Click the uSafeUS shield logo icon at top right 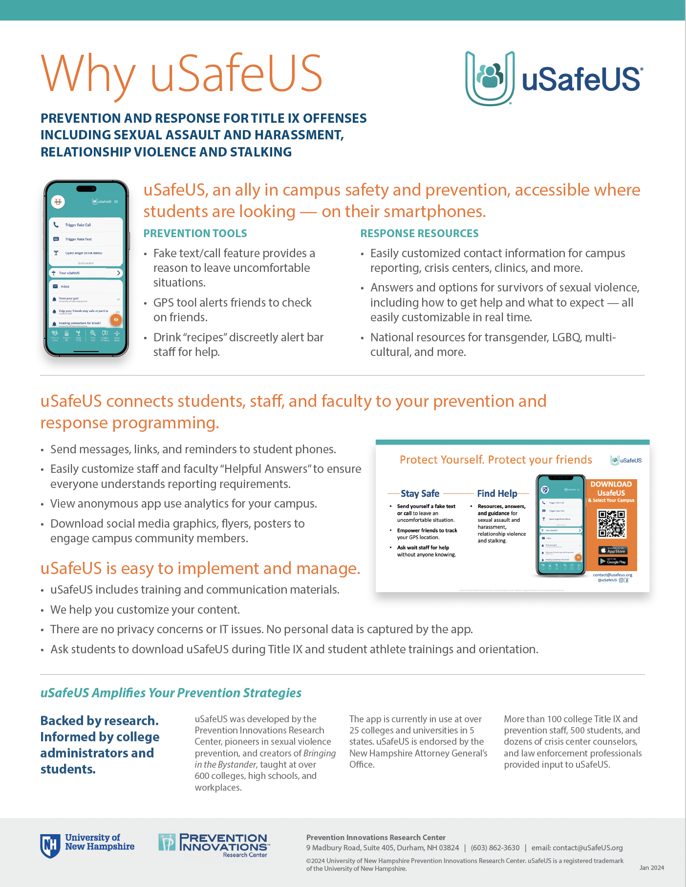coord(490,78)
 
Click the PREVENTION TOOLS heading coord(195,234)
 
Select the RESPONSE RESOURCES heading coord(419,234)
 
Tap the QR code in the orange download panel coord(611,524)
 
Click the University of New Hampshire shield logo coord(49,846)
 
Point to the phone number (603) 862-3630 coord(495,848)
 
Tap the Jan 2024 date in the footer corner coord(651,868)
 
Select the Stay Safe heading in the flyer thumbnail coord(420,494)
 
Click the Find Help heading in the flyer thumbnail coord(497,494)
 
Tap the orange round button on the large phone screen coord(116,320)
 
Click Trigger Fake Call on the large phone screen coord(78,225)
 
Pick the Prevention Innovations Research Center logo coord(214,845)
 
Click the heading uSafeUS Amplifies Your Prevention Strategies coord(171,693)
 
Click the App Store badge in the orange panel coord(613,551)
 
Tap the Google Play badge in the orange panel coord(613,561)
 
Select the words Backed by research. coord(99,721)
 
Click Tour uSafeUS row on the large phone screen coord(86,273)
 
